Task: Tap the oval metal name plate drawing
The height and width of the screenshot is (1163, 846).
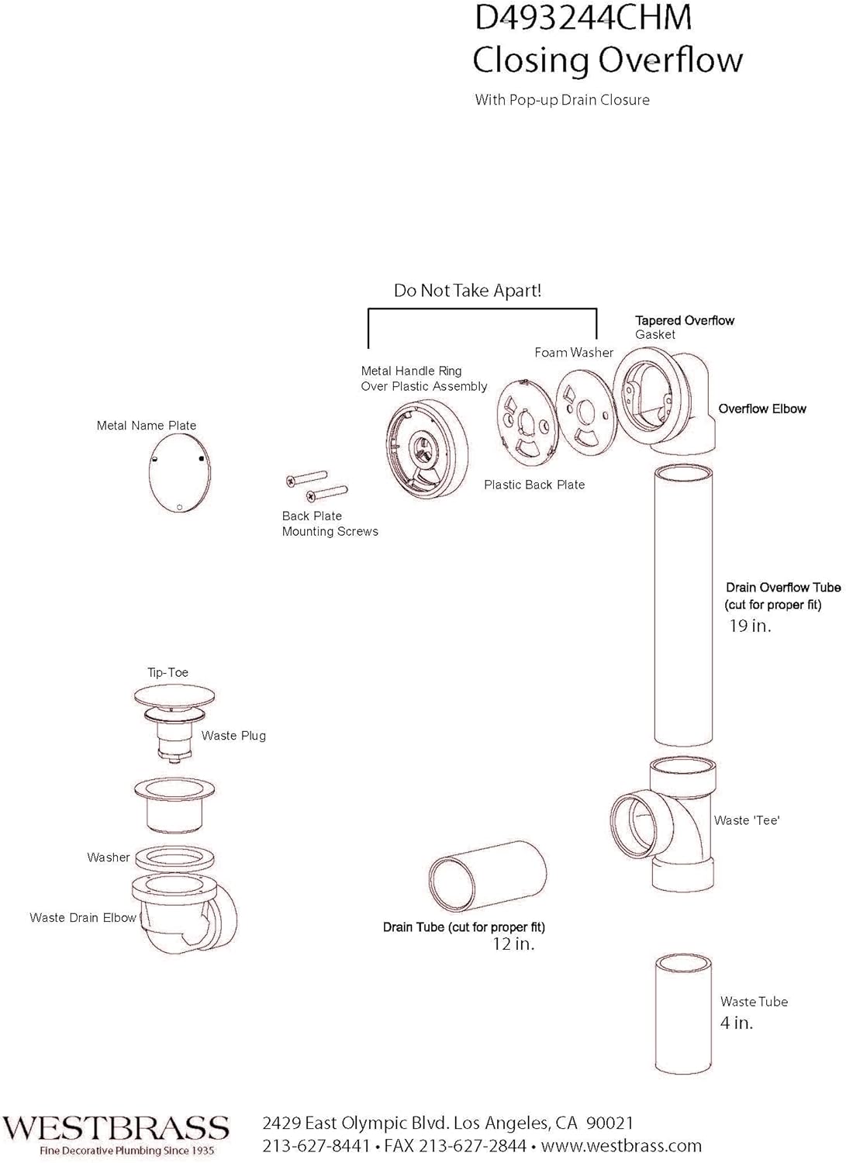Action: tap(179, 472)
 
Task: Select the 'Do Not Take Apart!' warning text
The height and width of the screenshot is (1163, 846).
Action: tap(468, 291)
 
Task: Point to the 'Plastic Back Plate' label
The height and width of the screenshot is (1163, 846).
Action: tap(534, 485)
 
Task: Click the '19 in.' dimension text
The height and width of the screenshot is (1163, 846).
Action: tap(750, 626)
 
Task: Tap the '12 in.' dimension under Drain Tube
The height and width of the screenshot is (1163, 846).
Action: tap(513, 944)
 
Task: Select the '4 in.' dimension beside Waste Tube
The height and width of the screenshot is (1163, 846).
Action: tap(736, 1023)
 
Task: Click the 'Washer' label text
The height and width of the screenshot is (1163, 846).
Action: tap(108, 858)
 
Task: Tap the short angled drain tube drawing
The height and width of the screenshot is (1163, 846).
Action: tap(487, 876)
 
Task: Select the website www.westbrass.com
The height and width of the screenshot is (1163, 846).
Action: tap(621, 1146)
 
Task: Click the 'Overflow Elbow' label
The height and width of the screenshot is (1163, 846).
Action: tap(761, 409)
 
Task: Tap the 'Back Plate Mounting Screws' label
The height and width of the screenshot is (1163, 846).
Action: tap(330, 524)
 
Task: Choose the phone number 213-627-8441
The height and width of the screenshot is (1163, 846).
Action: tap(316, 1146)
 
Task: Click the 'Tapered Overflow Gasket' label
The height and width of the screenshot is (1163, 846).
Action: tap(684, 327)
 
